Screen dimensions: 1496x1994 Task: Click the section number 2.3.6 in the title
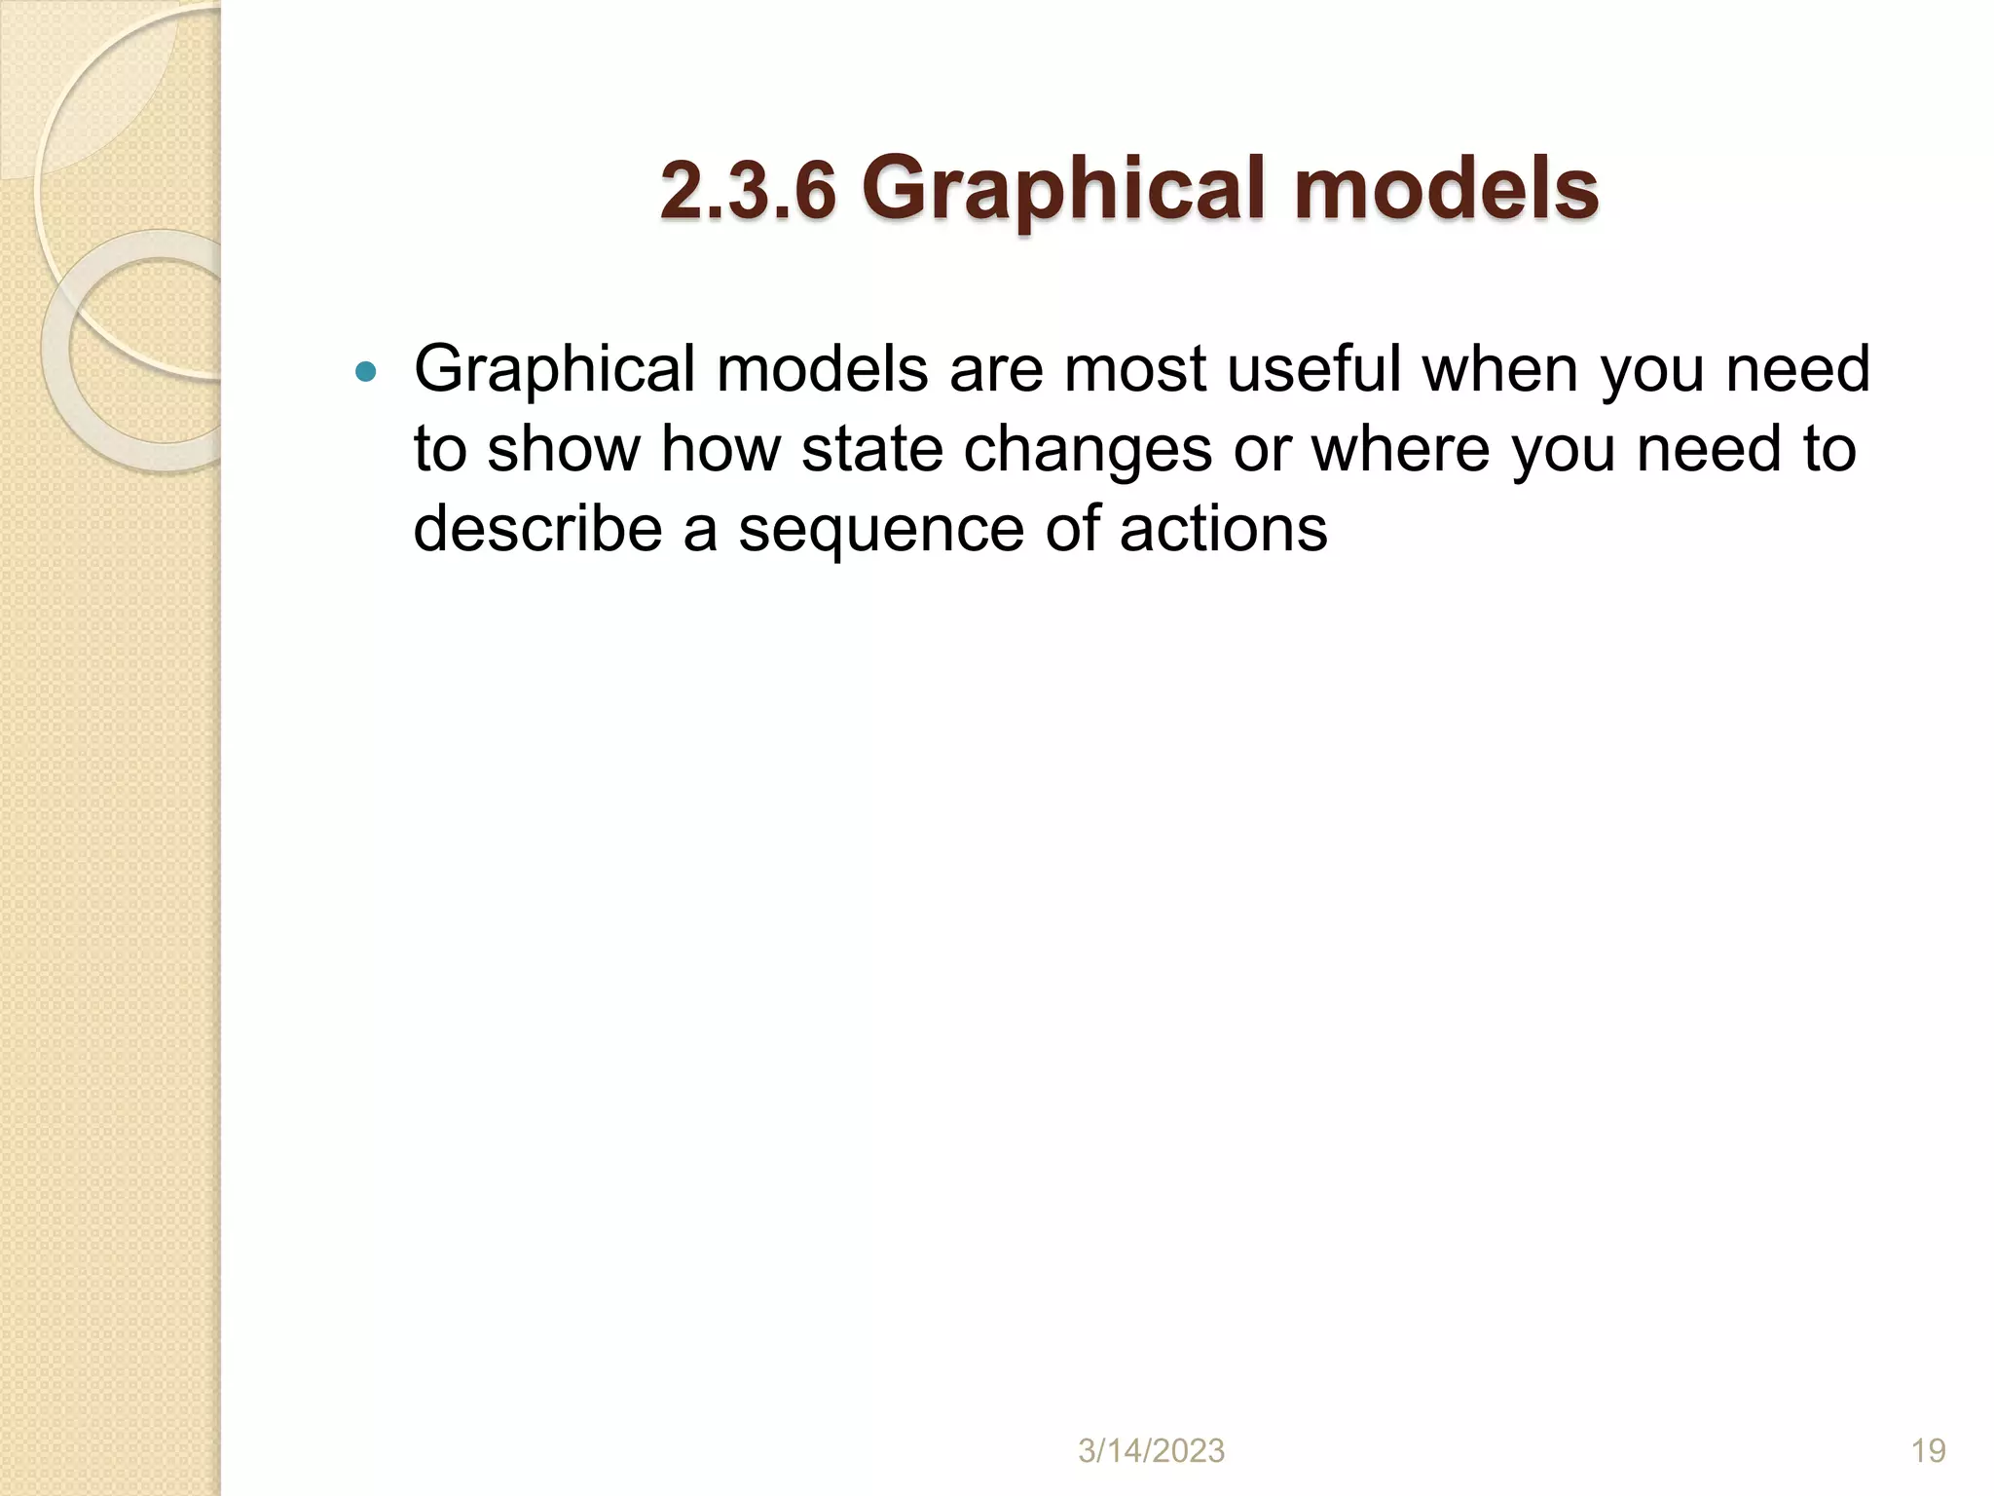748,190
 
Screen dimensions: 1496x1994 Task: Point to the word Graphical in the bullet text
555,371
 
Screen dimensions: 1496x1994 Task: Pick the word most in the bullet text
1135,371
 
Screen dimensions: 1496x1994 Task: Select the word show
563,450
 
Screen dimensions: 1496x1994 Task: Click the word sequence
881,531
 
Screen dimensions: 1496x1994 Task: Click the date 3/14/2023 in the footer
1151,1451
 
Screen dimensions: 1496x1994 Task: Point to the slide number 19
1928,1451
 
